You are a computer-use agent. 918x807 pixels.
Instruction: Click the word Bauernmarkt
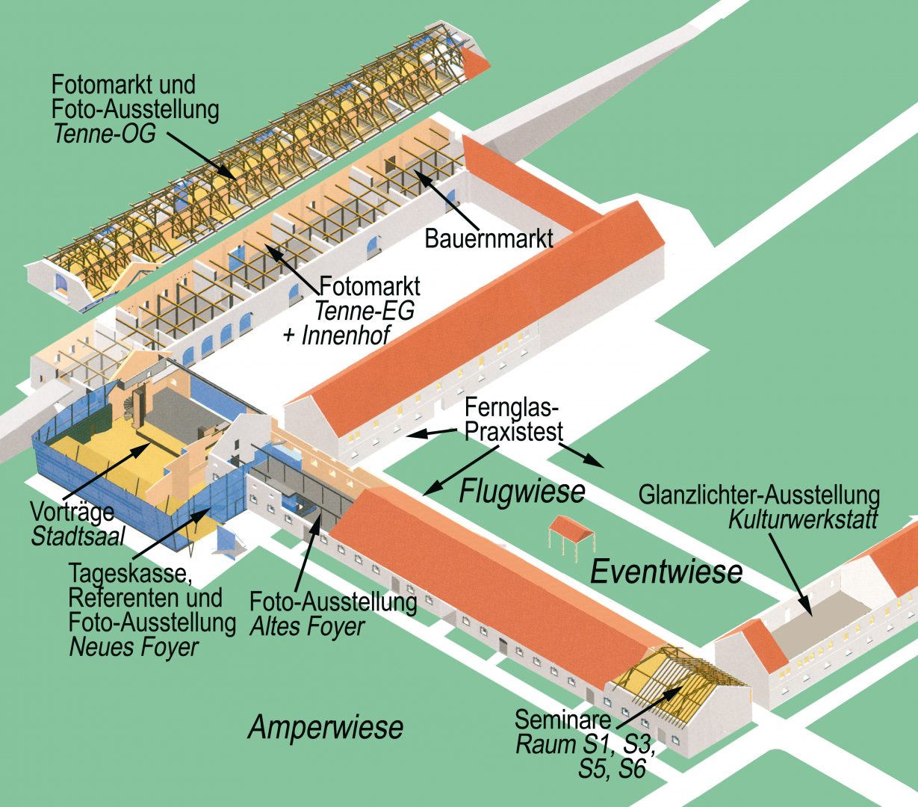point(489,238)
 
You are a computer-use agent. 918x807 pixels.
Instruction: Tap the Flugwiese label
point(521,492)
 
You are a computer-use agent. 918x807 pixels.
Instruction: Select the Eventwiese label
point(666,572)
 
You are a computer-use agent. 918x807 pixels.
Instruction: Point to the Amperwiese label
point(326,726)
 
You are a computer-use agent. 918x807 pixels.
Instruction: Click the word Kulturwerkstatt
point(803,519)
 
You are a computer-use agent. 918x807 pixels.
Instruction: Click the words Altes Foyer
point(308,625)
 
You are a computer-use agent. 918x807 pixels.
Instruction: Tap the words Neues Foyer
point(134,646)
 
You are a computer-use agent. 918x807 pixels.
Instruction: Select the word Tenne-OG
point(104,134)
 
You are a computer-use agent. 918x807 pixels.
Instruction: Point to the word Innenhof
point(346,336)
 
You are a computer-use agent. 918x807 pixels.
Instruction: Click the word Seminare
point(562,720)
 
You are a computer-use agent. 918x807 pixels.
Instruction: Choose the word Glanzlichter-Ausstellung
point(759,495)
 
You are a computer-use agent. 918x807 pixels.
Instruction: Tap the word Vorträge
point(72,513)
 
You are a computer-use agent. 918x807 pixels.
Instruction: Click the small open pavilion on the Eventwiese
point(571,534)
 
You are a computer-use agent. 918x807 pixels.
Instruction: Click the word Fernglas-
point(511,409)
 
